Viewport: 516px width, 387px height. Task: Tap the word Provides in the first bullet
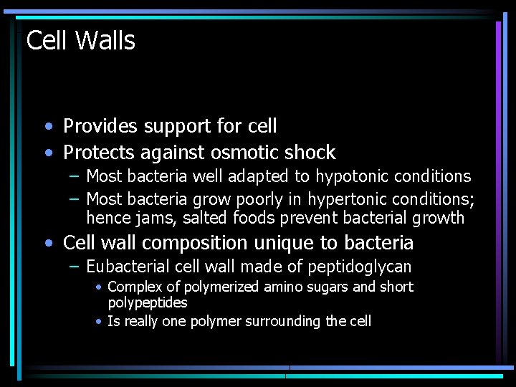[x=100, y=126]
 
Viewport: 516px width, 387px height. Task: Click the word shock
[x=310, y=152]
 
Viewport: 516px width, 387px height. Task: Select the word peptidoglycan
[x=359, y=268]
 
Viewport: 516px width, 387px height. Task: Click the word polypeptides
[x=147, y=303]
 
